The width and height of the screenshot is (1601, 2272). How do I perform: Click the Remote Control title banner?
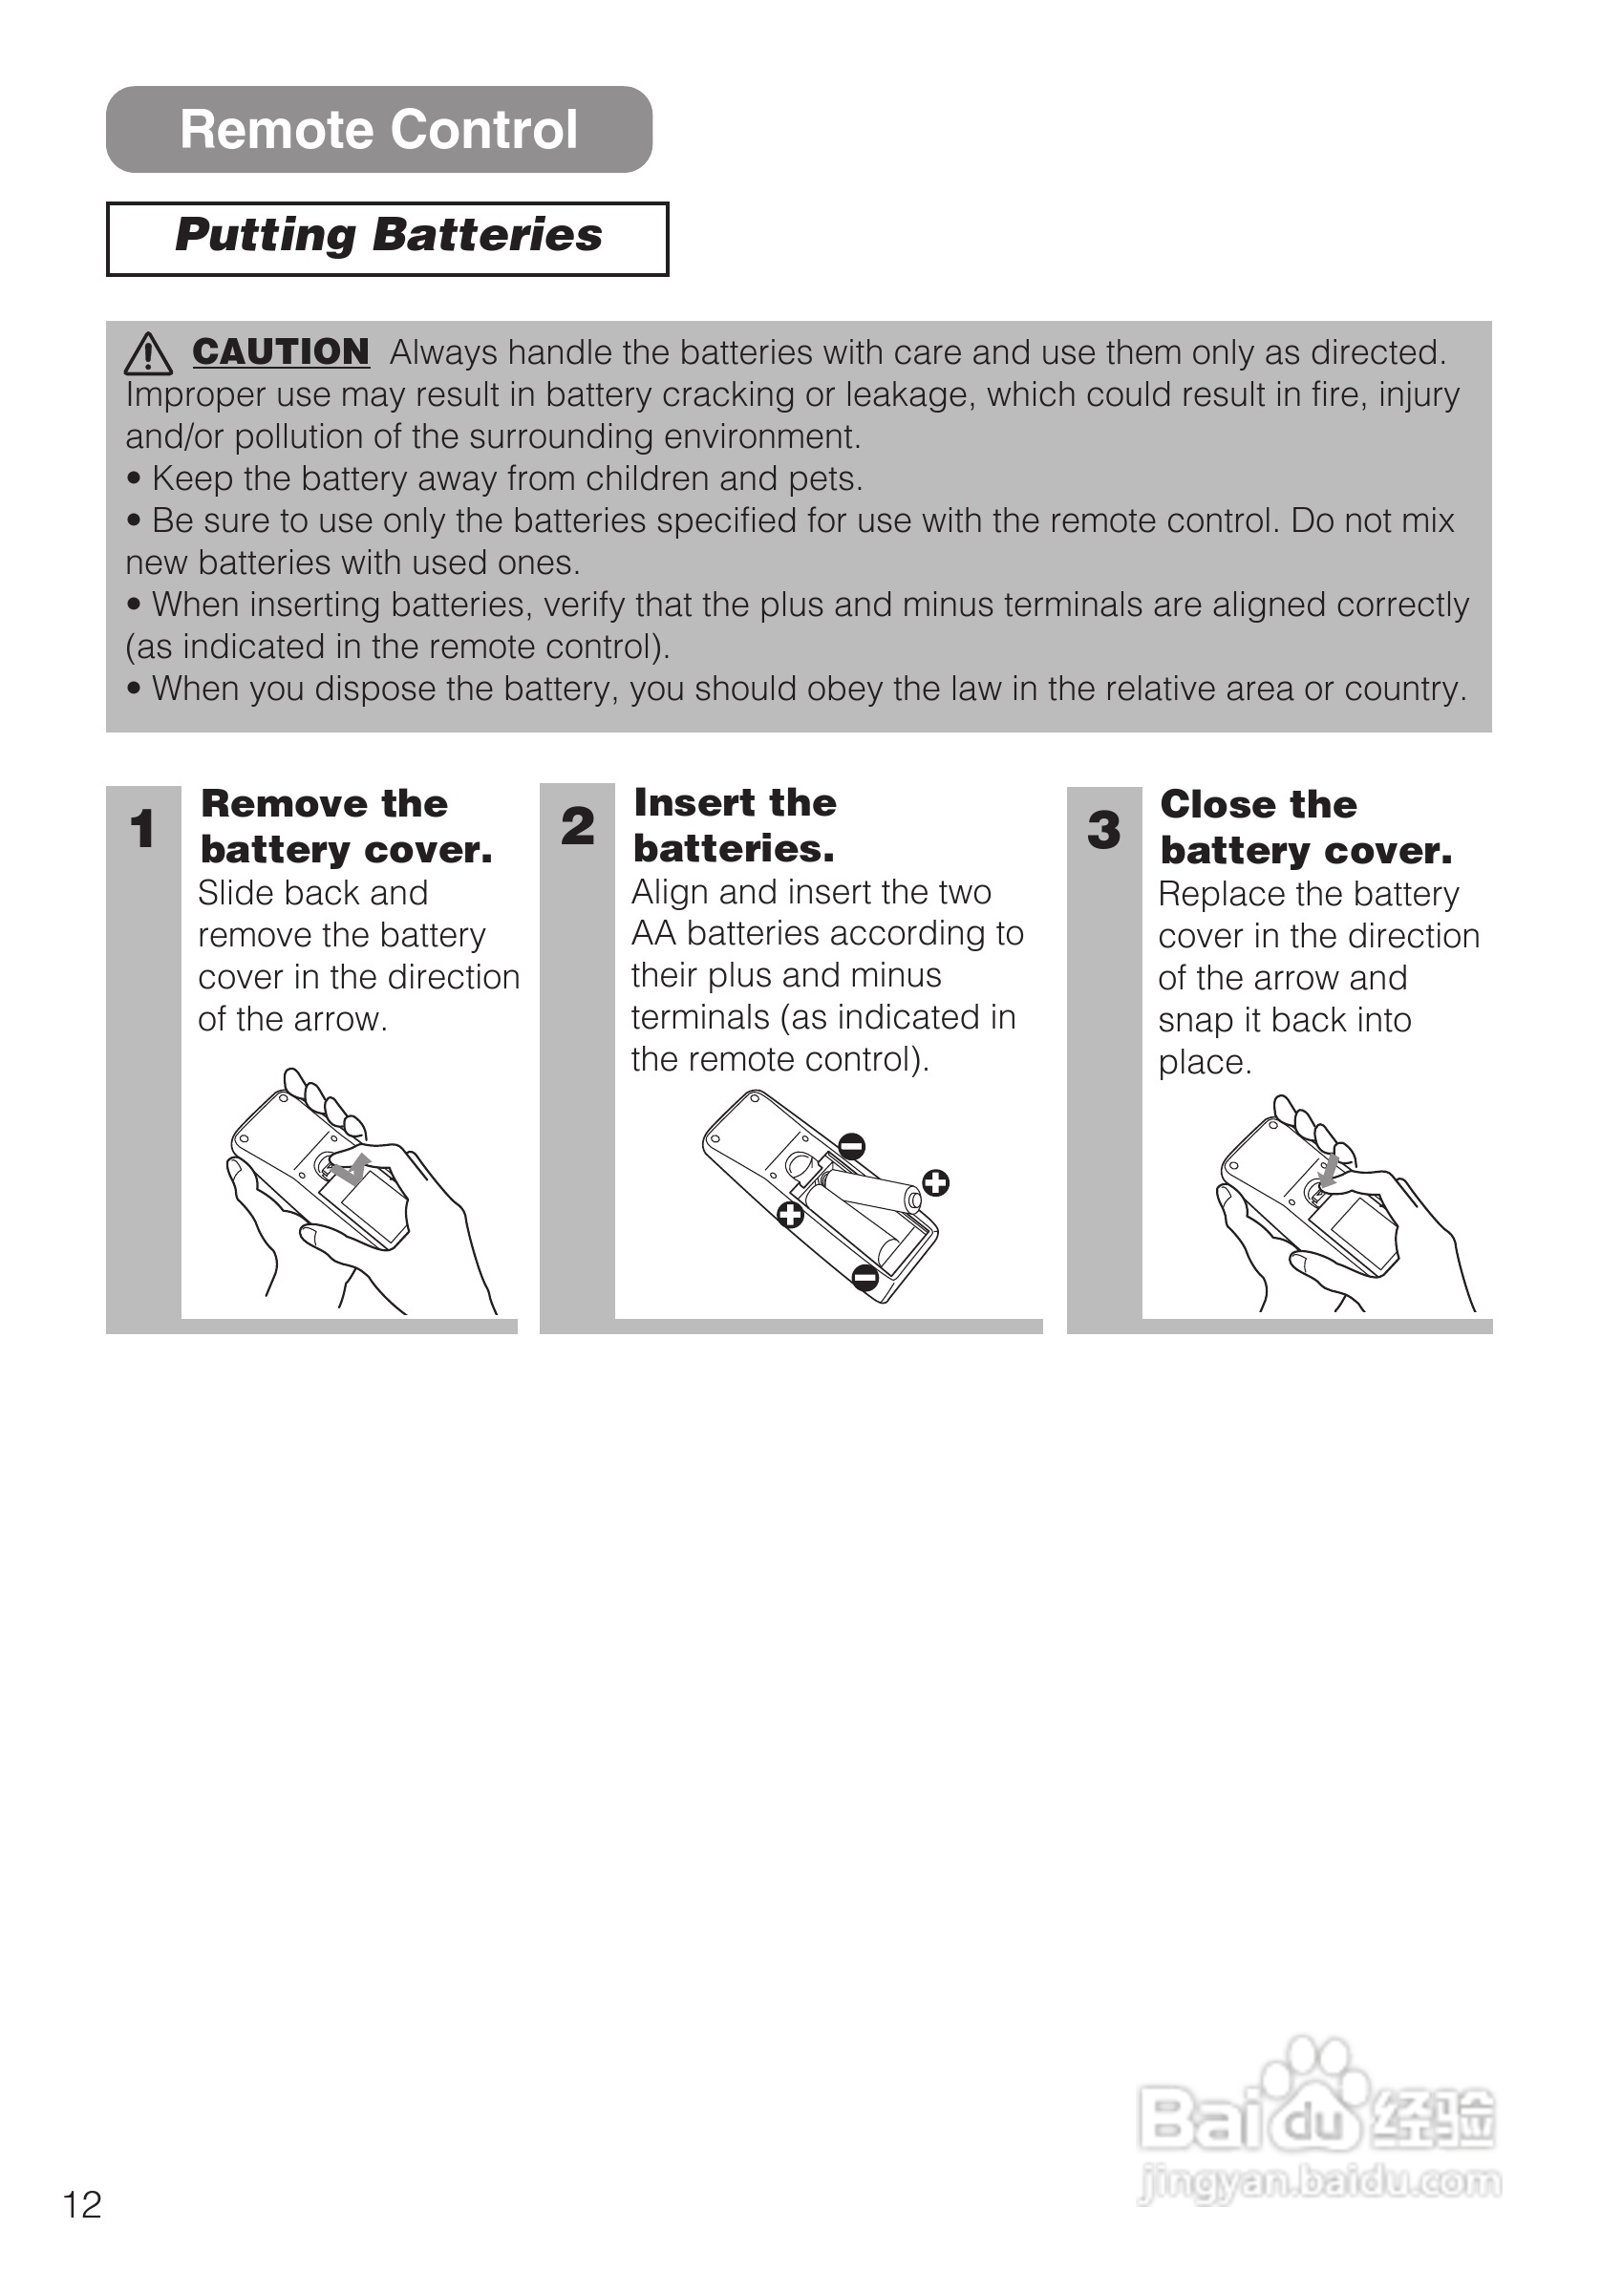pyautogui.click(x=379, y=130)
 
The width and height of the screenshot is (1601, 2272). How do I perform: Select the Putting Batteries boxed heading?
pyautogui.click(x=388, y=238)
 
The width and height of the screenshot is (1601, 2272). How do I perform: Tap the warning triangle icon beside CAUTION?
pyautogui.click(x=148, y=353)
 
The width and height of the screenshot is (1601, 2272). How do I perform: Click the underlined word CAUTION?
pyautogui.click(x=281, y=351)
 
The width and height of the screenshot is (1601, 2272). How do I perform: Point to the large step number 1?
pyautogui.click(x=142, y=829)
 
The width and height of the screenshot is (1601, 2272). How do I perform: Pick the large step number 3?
pyautogui.click(x=1104, y=830)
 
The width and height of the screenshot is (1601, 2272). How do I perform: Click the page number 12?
pyautogui.click(x=82, y=2205)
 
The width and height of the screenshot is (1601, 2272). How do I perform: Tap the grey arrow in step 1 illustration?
pyautogui.click(x=352, y=1169)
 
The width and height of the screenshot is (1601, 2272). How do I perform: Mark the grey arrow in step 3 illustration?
pyautogui.click(x=1329, y=1170)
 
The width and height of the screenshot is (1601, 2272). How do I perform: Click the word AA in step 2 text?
pyautogui.click(x=654, y=933)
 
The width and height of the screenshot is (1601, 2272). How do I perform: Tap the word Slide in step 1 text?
pyautogui.click(x=234, y=894)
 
